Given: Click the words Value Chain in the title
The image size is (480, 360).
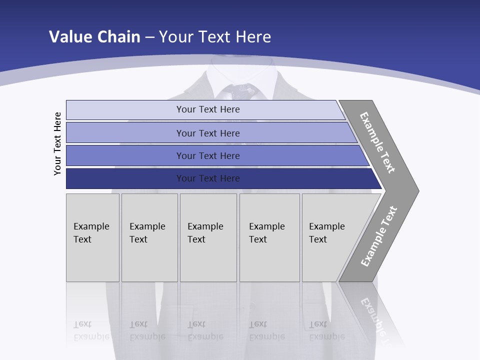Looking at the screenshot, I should pos(94,37).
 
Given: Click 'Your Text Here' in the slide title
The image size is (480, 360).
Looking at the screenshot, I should pos(215,37).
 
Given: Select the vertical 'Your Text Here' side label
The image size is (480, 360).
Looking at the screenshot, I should pos(58,143).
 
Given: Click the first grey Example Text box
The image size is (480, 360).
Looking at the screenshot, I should pos(92,237).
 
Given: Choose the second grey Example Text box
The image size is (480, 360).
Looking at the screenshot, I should pos(149,237).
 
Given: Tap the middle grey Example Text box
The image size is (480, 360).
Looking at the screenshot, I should pos(208,237).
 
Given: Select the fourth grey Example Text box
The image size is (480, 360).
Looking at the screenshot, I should pos(269,237).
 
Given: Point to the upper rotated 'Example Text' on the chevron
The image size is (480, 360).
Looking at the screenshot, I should pos(377,142).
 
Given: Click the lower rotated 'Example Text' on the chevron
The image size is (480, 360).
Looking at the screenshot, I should pos(379,236).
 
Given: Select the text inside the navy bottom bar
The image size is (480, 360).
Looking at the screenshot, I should pos(208,178).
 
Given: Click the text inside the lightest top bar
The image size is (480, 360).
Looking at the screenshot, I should pos(208,109).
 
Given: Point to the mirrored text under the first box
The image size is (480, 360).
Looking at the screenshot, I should pos(91,330).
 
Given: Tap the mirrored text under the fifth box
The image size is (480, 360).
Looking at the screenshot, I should pos(327,330).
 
